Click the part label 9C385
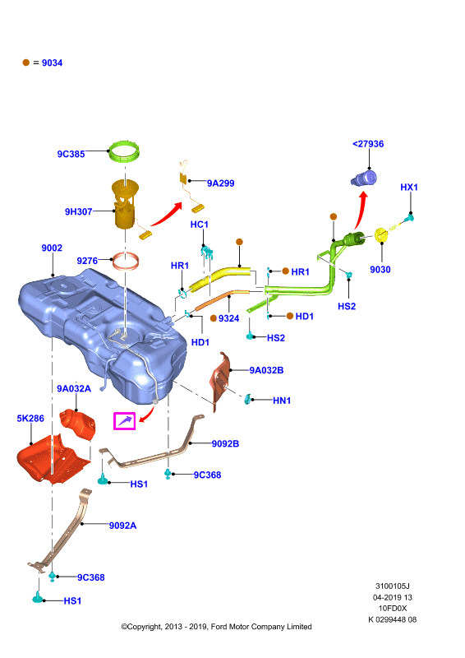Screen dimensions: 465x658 (71, 154)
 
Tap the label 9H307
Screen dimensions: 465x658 (78, 211)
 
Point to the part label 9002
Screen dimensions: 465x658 (52, 248)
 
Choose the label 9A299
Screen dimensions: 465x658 (220, 183)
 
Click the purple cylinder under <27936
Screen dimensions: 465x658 (363, 178)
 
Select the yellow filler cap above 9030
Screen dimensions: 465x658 (381, 234)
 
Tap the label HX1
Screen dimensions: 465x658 (409, 188)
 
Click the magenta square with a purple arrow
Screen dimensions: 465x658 (125, 421)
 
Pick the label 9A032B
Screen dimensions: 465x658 (266, 370)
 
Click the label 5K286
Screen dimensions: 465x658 (30, 419)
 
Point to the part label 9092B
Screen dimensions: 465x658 (225, 443)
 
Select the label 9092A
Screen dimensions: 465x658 (123, 526)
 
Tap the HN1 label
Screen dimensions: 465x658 (282, 401)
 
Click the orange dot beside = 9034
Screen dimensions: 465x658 (26, 63)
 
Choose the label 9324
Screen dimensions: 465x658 (228, 318)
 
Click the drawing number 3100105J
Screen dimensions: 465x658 (392, 586)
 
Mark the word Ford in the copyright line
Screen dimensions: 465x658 (219, 627)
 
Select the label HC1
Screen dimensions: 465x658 (199, 225)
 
